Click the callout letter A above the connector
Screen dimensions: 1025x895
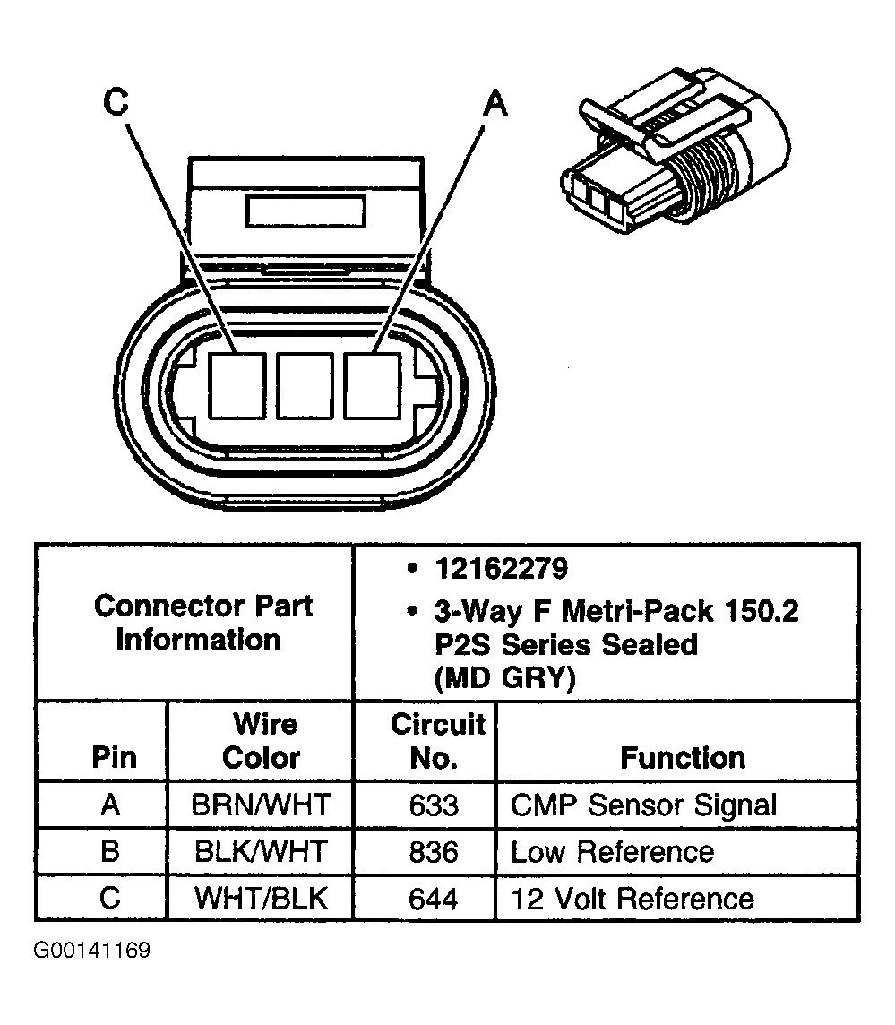tap(495, 104)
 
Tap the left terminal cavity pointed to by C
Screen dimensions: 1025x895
tap(237, 385)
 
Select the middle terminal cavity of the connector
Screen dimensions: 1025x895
tap(306, 385)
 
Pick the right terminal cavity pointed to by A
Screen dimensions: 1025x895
tap(373, 385)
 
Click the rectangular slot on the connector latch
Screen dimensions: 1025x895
tap(306, 213)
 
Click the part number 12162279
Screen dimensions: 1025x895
tap(501, 568)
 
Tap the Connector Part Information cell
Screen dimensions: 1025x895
tap(202, 623)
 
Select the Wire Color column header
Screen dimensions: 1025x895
tap(261, 740)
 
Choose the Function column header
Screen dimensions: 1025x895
tap(683, 758)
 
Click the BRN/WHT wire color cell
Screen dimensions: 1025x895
tap(261, 805)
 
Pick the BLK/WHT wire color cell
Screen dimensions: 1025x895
tap(261, 851)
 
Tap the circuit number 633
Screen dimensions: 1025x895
tap(434, 805)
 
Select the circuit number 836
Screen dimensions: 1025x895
tap(434, 851)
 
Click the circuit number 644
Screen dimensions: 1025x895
tap(434, 898)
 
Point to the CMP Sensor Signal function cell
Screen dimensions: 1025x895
tap(644, 805)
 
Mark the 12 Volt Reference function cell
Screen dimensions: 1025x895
tap(633, 898)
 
